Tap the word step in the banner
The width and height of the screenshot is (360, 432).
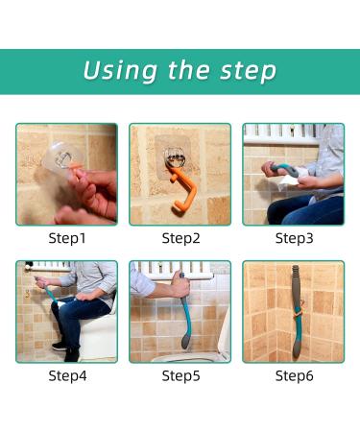pyautogui.click(x=248, y=71)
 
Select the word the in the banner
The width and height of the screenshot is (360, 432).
pyautogui.click(x=188, y=69)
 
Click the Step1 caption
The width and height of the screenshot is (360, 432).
pyautogui.click(x=67, y=238)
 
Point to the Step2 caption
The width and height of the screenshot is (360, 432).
pyautogui.click(x=180, y=238)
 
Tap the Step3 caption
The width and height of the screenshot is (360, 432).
pyautogui.click(x=295, y=238)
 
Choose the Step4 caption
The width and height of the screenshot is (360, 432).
pyautogui.click(x=67, y=375)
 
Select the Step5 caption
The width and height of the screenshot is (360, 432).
pyautogui.click(x=180, y=375)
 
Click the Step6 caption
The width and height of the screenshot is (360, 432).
pyautogui.click(x=295, y=375)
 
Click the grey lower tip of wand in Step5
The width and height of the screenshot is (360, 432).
pyautogui.click(x=185, y=341)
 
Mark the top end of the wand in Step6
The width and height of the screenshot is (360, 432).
pyautogui.click(x=296, y=267)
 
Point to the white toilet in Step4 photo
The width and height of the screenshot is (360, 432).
pyautogui.click(x=98, y=333)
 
